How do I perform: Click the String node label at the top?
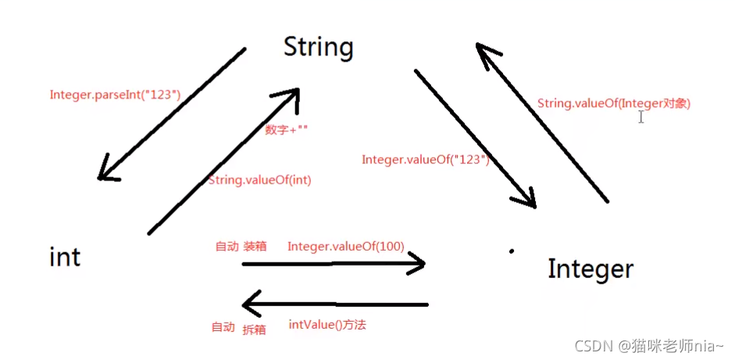click(x=319, y=47)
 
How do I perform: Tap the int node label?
click(x=65, y=256)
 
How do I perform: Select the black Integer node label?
click(x=590, y=269)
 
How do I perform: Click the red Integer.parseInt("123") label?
click(x=115, y=94)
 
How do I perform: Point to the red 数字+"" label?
click(x=287, y=130)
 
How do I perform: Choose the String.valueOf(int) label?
click(x=260, y=180)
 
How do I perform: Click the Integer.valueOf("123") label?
click(x=425, y=159)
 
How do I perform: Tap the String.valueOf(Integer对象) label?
click(x=614, y=103)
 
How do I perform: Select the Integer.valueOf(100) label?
click(x=345, y=246)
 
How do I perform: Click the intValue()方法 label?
click(x=327, y=324)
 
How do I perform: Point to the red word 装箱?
click(x=255, y=246)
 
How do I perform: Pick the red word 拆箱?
click(x=254, y=330)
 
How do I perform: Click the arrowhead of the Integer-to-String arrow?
click(x=486, y=52)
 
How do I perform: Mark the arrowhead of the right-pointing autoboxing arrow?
click(x=418, y=263)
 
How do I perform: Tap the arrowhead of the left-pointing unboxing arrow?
click(x=250, y=302)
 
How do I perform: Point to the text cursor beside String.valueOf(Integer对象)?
click(x=641, y=116)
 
